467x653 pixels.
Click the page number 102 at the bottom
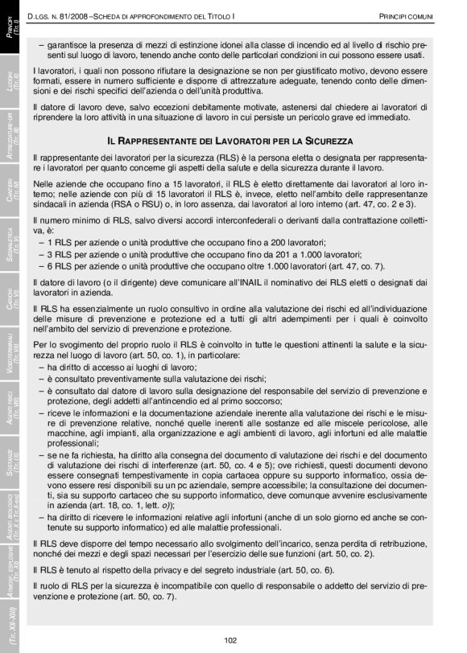point(230,640)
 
